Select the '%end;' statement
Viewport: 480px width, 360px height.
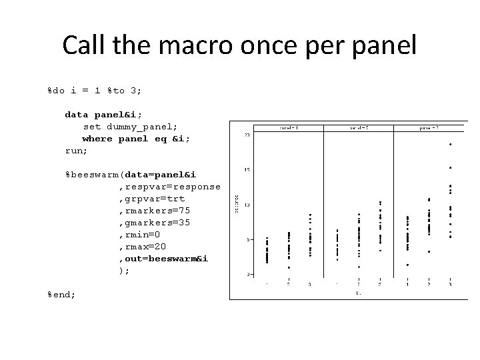[x=61, y=294]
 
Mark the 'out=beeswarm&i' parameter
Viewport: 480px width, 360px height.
[x=164, y=259]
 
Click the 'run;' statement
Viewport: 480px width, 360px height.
[x=76, y=151]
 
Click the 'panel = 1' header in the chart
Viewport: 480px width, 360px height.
[x=289, y=127]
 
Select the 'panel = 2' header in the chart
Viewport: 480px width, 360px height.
[x=360, y=127]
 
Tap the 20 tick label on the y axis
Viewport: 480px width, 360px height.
[x=247, y=135]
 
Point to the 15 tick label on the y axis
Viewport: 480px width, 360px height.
[x=247, y=170]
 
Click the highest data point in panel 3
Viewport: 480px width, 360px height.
[x=450, y=144]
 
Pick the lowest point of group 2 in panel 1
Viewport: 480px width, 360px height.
[x=289, y=268]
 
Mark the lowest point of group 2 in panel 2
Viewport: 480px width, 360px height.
[x=359, y=267]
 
